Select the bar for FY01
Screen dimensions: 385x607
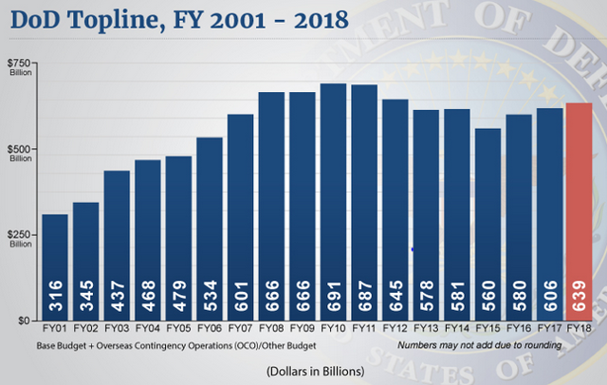(56, 266)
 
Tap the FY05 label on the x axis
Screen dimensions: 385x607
(178, 328)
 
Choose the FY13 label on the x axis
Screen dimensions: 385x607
(426, 328)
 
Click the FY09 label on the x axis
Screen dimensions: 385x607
(303, 328)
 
